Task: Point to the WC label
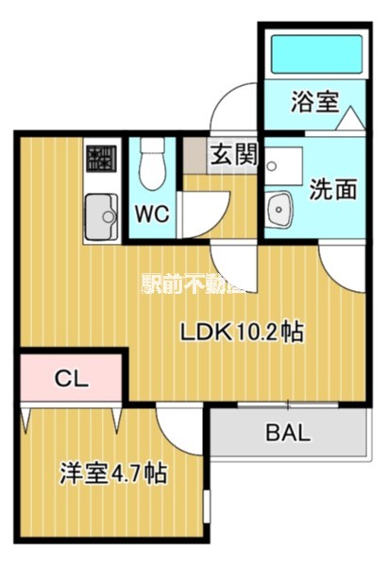151,214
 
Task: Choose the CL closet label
70,379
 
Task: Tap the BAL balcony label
286,434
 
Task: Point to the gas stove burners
99,157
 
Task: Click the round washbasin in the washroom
278,207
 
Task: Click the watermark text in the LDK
194,283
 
